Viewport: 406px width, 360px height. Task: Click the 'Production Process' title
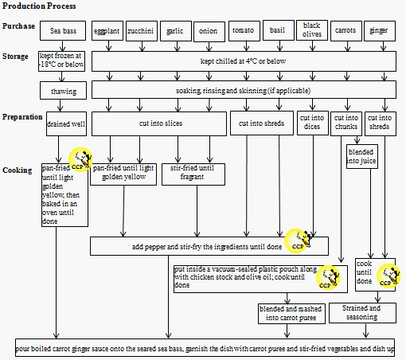(x=35, y=6)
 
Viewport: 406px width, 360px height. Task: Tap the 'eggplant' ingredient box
(x=107, y=32)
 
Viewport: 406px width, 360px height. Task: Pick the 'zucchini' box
(x=141, y=32)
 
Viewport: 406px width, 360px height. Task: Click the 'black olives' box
(x=311, y=30)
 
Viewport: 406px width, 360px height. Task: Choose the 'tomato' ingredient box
(x=243, y=31)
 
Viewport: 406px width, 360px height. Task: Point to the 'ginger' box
(x=379, y=32)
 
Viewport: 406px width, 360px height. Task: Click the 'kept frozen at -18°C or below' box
(x=61, y=61)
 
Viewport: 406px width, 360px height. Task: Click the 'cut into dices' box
(x=311, y=123)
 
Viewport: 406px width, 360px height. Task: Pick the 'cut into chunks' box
(x=346, y=123)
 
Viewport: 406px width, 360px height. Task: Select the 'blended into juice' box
(x=361, y=155)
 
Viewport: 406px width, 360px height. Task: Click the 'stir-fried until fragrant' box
(x=187, y=174)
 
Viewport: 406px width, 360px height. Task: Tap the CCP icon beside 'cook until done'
(x=387, y=275)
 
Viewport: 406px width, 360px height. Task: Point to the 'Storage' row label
(x=16, y=56)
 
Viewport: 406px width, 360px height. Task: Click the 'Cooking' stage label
(x=17, y=170)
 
